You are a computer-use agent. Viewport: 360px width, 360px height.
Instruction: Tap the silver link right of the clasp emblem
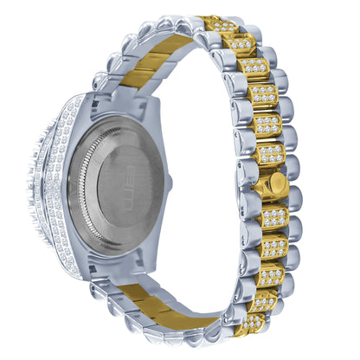coord(291,187)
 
